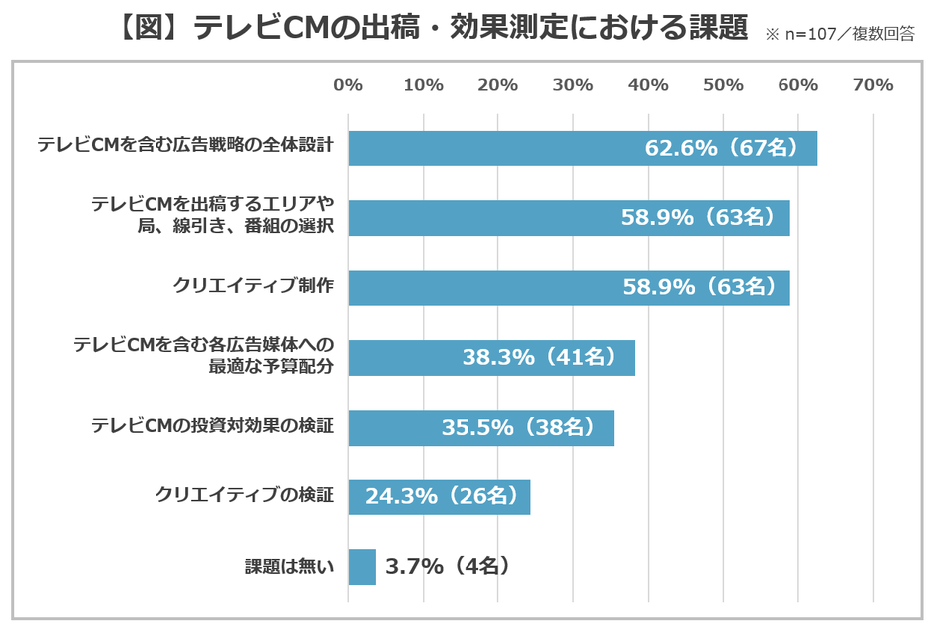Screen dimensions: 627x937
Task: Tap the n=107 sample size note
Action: point(840,35)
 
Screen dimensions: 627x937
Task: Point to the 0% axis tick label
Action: point(348,85)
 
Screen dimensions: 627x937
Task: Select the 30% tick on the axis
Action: point(573,85)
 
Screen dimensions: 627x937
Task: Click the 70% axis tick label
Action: point(874,85)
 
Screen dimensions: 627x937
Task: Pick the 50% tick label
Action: point(724,85)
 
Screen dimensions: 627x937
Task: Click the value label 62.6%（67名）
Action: point(722,149)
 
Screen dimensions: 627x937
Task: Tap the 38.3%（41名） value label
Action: point(538,357)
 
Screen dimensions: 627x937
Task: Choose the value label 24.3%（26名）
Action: point(440,496)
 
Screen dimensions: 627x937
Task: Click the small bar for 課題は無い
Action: point(362,567)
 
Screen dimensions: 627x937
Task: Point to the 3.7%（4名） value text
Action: point(449,567)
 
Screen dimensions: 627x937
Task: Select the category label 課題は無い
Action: point(289,567)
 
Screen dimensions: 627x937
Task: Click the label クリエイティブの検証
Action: point(244,495)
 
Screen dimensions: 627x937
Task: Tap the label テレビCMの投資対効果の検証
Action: point(211,426)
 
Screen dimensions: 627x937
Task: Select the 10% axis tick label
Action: point(423,85)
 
